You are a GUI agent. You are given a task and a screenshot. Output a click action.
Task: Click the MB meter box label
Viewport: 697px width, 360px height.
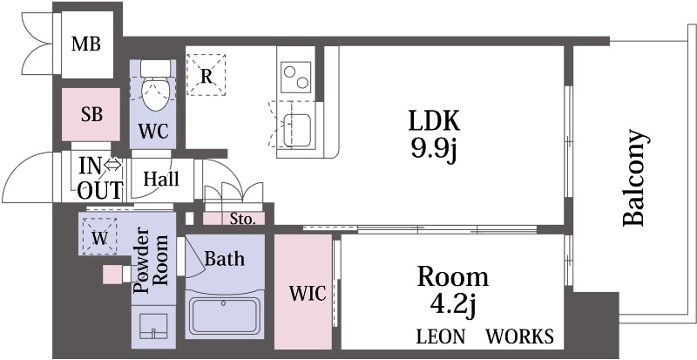[86, 44]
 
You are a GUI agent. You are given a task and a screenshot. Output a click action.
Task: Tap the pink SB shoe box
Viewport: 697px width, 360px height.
[91, 114]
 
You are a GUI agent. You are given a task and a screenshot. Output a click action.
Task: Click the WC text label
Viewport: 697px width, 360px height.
[153, 132]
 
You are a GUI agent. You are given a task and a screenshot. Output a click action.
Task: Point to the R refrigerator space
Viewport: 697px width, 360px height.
[206, 75]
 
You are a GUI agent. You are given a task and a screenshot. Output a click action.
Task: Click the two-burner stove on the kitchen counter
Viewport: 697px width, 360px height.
[296, 77]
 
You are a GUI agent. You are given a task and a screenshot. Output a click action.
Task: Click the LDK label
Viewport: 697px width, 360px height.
[434, 120]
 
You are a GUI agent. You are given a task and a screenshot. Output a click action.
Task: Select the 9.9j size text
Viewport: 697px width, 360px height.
[434, 151]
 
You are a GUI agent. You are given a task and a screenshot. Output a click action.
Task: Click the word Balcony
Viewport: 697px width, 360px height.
[633, 178]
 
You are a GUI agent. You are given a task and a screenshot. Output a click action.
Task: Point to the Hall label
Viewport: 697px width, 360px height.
[161, 179]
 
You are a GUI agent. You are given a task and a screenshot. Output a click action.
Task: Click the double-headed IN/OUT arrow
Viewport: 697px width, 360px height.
[113, 165]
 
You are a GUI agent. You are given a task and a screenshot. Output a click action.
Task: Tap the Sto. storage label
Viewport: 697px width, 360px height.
[243, 219]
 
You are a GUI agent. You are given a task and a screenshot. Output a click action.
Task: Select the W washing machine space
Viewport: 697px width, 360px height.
[99, 236]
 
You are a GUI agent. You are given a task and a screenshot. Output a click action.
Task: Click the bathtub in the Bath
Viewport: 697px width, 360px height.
[225, 315]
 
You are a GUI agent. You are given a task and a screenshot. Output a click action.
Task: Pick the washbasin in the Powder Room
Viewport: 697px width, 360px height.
[153, 327]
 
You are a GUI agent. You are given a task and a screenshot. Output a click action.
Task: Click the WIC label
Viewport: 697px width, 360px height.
[308, 293]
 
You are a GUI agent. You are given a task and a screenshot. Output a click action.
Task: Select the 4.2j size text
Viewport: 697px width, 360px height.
[453, 306]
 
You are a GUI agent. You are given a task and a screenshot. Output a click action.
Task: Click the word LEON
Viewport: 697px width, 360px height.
[441, 336]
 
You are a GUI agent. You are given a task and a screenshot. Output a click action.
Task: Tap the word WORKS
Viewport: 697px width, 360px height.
[519, 336]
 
